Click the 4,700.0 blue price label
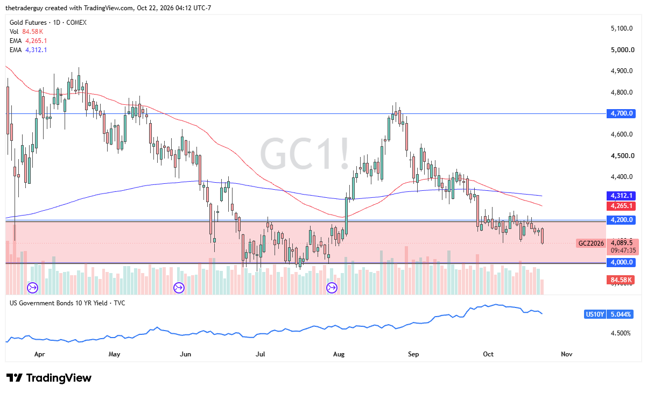pos(621,113)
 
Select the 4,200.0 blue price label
pos(621,220)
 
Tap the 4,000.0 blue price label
pos(621,262)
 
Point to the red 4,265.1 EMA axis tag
pos(621,206)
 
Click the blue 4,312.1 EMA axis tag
pos(621,196)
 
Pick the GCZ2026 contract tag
pos(591,243)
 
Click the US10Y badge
pos(595,314)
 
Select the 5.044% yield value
pos(620,314)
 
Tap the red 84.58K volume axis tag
pos(621,280)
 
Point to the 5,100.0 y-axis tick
pos(622,28)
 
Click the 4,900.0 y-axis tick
pos(622,71)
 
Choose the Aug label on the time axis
pos(339,354)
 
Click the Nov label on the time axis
pos(567,354)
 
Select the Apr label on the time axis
pos(40,354)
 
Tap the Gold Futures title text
pos(28,23)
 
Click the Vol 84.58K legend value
pos(33,32)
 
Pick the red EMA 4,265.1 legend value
pos(36,41)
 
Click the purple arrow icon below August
pos(332,288)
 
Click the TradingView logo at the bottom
pos(49,378)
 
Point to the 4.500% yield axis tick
pos(621,333)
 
